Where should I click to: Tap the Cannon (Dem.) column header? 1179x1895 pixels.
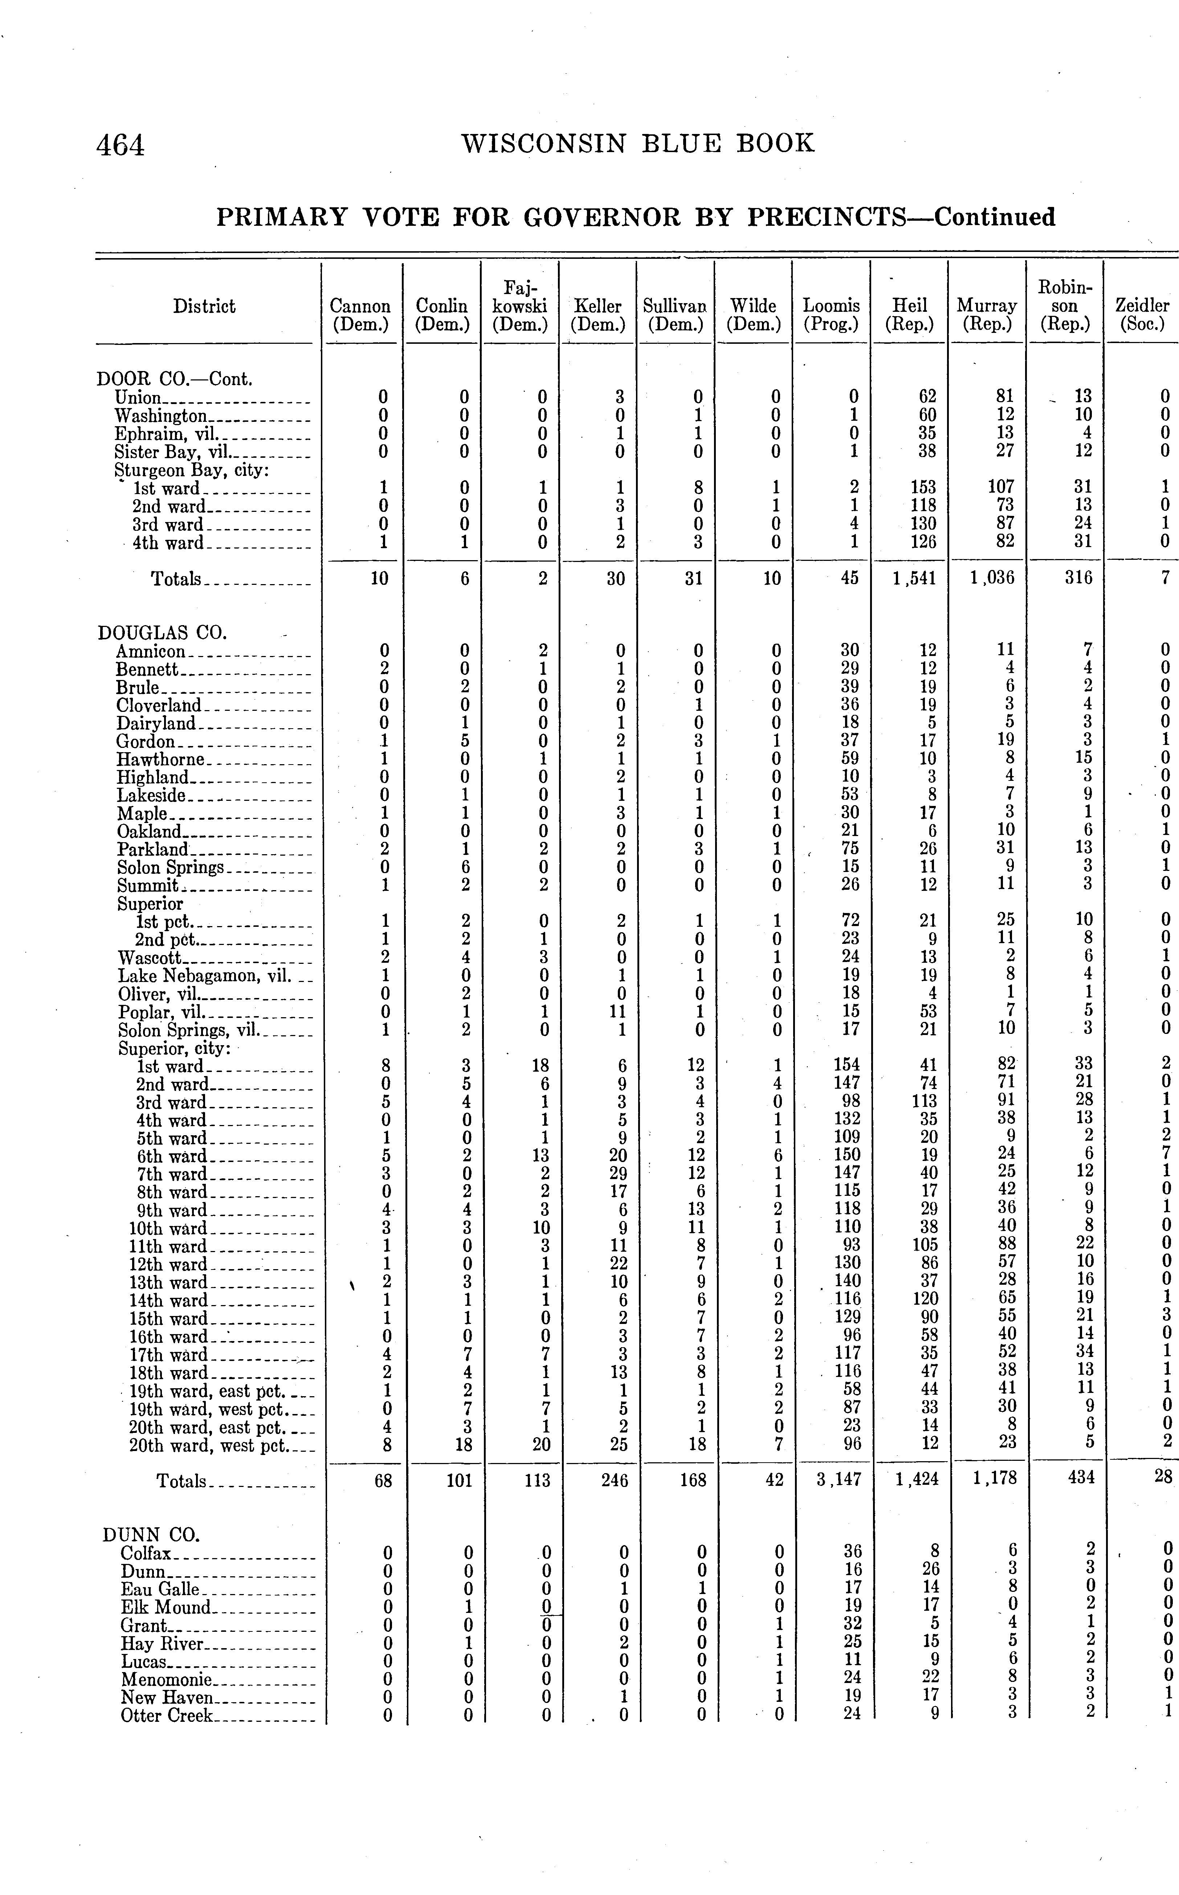click(360, 315)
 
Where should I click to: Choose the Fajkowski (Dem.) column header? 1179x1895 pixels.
click(520, 306)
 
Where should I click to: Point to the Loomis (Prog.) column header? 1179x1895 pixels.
click(831, 315)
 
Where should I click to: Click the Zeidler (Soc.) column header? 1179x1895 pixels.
click(1142, 315)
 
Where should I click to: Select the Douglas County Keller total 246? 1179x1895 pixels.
click(615, 1479)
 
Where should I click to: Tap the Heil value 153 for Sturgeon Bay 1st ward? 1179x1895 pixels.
click(920, 488)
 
